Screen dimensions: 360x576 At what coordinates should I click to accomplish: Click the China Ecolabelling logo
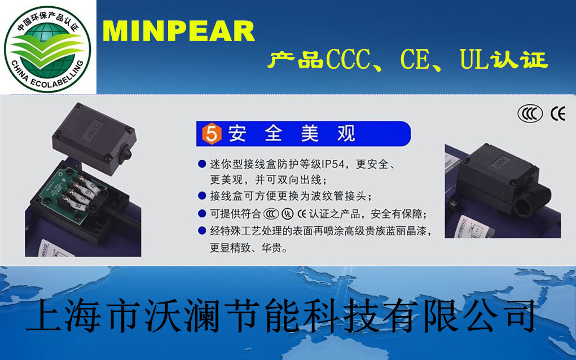[48, 47]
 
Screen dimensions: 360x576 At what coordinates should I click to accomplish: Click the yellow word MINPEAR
[179, 32]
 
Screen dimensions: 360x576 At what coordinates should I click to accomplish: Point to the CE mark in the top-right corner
[557, 114]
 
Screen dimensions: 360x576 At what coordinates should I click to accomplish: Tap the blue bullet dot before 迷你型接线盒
[201, 164]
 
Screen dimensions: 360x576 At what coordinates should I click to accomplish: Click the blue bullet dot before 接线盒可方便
[201, 196]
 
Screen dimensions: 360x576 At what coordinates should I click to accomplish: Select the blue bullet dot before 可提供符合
[201, 213]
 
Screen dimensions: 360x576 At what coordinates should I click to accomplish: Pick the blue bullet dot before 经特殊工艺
[201, 230]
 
